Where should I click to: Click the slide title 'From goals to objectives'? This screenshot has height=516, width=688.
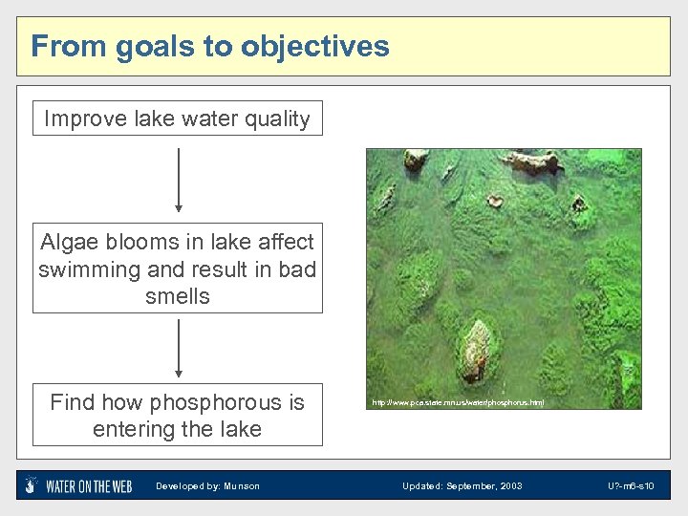[x=210, y=46]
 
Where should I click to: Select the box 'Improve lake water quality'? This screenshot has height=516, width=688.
[x=178, y=118]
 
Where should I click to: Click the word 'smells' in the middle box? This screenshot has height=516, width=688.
[x=178, y=296]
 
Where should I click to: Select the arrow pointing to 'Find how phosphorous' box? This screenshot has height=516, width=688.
[x=178, y=348]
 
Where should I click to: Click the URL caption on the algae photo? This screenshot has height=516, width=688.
[x=459, y=403]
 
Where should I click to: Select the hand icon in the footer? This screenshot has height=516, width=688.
[x=32, y=485]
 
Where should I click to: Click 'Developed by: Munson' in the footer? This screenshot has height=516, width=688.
[x=207, y=486]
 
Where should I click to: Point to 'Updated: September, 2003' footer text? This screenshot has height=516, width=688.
[x=462, y=486]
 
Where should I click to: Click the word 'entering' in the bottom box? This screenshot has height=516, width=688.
[x=133, y=429]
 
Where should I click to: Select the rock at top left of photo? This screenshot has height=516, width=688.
[x=415, y=160]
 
